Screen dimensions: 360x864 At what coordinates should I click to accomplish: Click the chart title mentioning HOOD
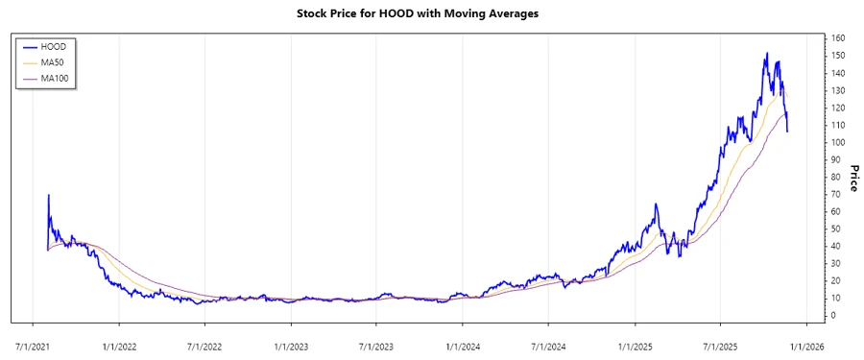pyautogui.click(x=432, y=14)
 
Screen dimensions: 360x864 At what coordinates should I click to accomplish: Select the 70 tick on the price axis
pyautogui.click(x=836, y=194)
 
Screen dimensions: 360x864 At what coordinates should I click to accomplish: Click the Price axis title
pyautogui.click(x=853, y=177)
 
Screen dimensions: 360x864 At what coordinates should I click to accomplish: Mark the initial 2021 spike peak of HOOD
pyautogui.click(x=48, y=195)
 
